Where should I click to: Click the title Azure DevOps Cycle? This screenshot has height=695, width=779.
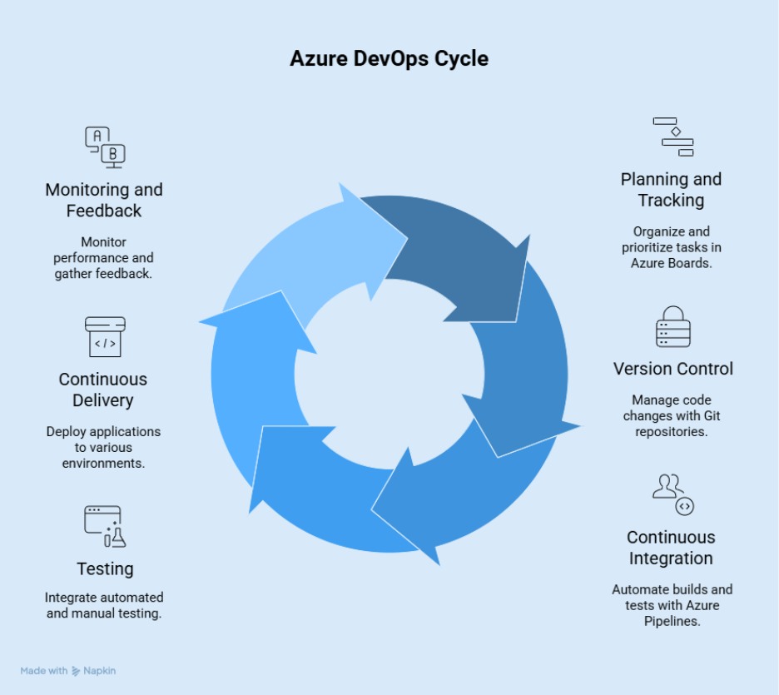tap(389, 59)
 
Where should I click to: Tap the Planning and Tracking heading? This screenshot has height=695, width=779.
tap(671, 190)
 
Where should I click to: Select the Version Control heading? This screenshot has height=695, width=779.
tap(672, 369)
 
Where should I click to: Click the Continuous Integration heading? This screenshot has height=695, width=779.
tap(671, 548)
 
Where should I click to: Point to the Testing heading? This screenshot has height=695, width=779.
tap(105, 569)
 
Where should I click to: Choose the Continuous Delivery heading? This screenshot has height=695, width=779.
tap(103, 390)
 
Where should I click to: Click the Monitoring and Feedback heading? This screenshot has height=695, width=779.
tap(104, 201)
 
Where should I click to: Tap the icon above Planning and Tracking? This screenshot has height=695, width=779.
tap(673, 137)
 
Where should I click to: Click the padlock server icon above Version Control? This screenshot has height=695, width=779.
tap(672, 327)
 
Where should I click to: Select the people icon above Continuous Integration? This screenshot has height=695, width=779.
tap(672, 494)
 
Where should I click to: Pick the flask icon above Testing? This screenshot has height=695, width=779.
tap(104, 526)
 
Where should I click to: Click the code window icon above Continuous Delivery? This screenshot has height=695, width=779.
tap(105, 336)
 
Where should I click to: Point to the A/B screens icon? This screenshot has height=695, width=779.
tap(105, 147)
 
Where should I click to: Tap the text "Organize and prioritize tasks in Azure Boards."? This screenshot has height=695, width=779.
tap(671, 247)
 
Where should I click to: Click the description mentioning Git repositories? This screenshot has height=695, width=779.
tap(672, 416)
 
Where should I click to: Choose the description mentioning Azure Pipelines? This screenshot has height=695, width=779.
tap(672, 605)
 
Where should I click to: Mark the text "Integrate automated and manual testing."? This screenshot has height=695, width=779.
tap(104, 606)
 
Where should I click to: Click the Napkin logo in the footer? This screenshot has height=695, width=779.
tap(93, 670)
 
